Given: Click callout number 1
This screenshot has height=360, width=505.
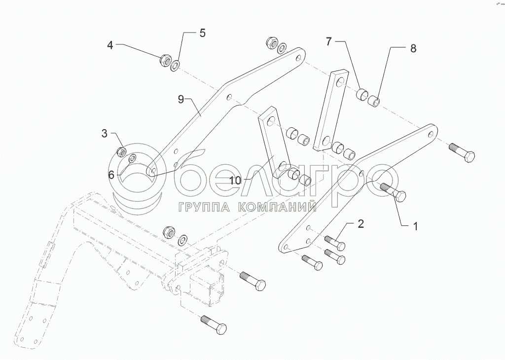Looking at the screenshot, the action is [x=415, y=227].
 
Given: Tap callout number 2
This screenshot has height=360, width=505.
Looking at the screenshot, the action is [x=361, y=224].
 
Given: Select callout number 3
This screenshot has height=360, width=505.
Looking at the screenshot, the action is [x=104, y=133].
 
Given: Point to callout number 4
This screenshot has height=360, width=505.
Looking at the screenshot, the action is [x=110, y=45].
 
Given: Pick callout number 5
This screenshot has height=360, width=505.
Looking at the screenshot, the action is [x=202, y=34].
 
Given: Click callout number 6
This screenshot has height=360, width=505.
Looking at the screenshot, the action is [x=111, y=174].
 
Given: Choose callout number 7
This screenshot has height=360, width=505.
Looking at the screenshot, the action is [x=329, y=41].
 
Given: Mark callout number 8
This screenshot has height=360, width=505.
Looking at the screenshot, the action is [x=413, y=48].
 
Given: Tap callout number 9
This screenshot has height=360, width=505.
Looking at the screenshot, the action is [x=181, y=99].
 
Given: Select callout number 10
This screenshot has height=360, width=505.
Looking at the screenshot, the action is [x=235, y=180].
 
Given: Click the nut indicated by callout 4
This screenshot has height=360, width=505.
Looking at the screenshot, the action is [x=165, y=61].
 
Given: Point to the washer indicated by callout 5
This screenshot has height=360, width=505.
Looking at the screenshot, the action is [x=175, y=65].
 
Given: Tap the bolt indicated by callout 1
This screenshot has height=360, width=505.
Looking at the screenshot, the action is [x=393, y=192].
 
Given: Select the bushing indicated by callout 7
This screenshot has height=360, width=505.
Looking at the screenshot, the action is [x=363, y=94].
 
